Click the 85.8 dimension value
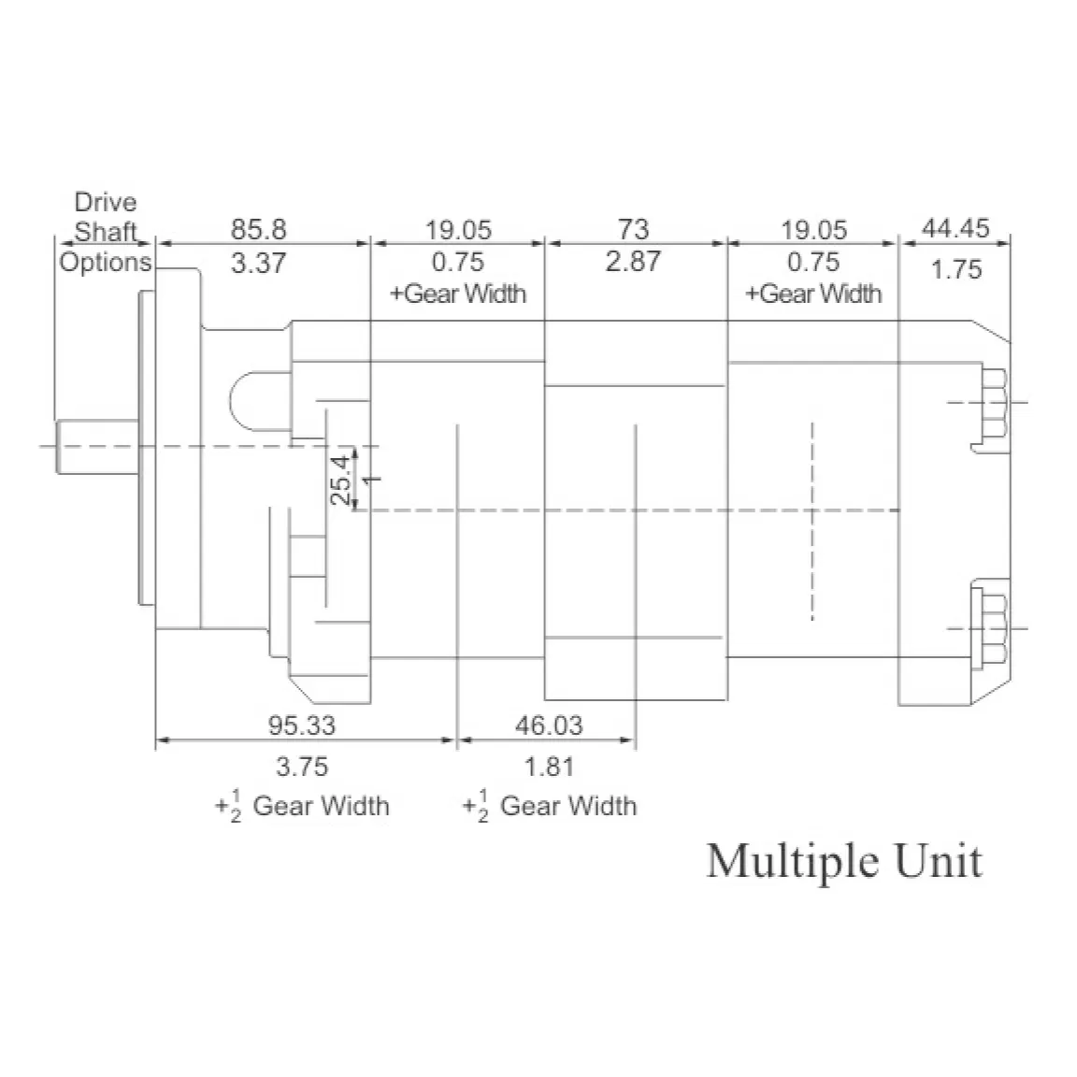tap(258, 229)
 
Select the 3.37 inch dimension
tap(258, 263)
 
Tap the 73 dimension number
tap(633, 229)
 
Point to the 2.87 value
tap(633, 261)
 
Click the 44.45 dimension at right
tap(955, 228)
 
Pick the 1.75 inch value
tap(956, 269)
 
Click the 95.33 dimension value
tap(302, 725)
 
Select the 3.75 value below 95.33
tap(302, 767)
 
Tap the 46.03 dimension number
tap(549, 725)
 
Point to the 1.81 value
tap(549, 767)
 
